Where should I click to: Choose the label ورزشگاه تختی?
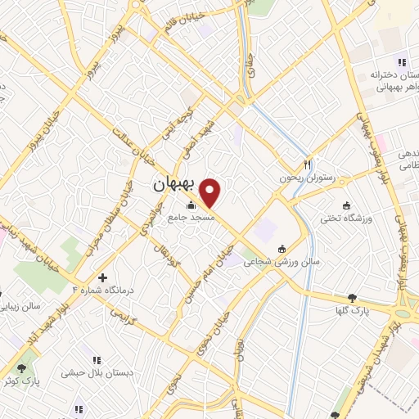point(343,219)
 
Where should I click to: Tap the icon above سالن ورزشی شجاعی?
point(282,249)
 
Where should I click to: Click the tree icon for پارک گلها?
point(353,298)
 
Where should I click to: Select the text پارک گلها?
point(354,312)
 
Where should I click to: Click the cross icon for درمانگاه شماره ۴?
point(102,278)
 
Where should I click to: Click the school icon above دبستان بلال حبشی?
point(97,359)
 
